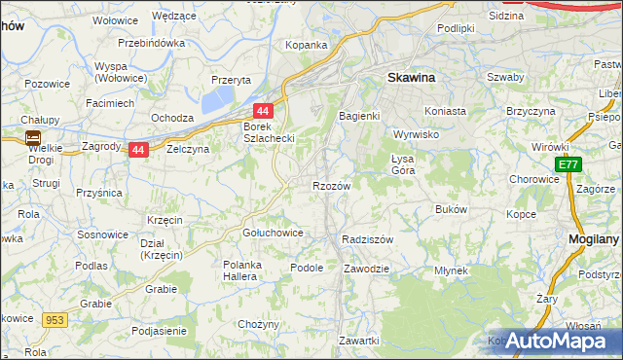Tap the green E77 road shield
(x=570, y=166)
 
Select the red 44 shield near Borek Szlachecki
(x=263, y=112)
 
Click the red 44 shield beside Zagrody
(x=138, y=150)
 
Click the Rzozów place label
(x=331, y=185)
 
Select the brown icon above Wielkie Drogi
(x=33, y=137)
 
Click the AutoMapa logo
(x=554, y=341)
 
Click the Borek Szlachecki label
(x=268, y=132)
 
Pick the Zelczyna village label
(x=188, y=150)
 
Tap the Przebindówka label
(x=151, y=43)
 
